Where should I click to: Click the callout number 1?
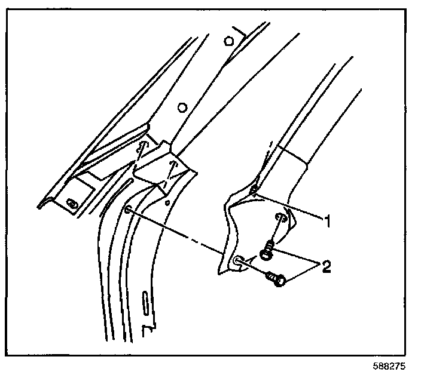[327, 221]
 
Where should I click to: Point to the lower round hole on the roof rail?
[181, 107]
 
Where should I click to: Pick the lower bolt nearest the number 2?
[276, 278]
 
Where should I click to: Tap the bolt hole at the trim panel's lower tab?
[238, 260]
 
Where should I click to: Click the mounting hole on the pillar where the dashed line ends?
[129, 210]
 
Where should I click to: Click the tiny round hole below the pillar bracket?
[168, 202]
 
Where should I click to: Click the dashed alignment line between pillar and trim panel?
[179, 233]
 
